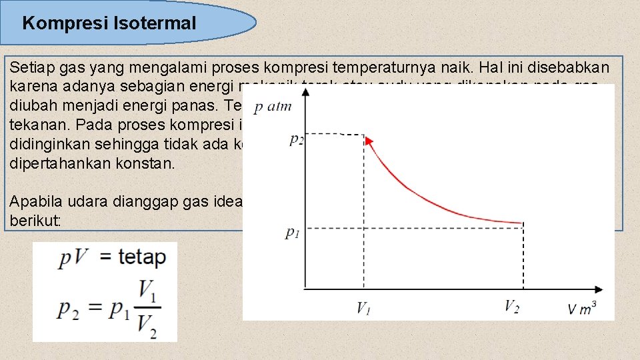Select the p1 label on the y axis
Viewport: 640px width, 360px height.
[x=292, y=233]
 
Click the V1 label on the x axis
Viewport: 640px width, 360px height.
[x=364, y=307]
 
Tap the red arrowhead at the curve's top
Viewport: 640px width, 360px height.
[x=367, y=140]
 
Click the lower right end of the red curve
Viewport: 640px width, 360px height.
[x=520, y=223]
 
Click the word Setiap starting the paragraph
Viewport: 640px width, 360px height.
[x=29, y=68]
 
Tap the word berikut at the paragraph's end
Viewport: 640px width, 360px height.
[x=33, y=220]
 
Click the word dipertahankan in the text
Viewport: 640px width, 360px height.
[x=53, y=163]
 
